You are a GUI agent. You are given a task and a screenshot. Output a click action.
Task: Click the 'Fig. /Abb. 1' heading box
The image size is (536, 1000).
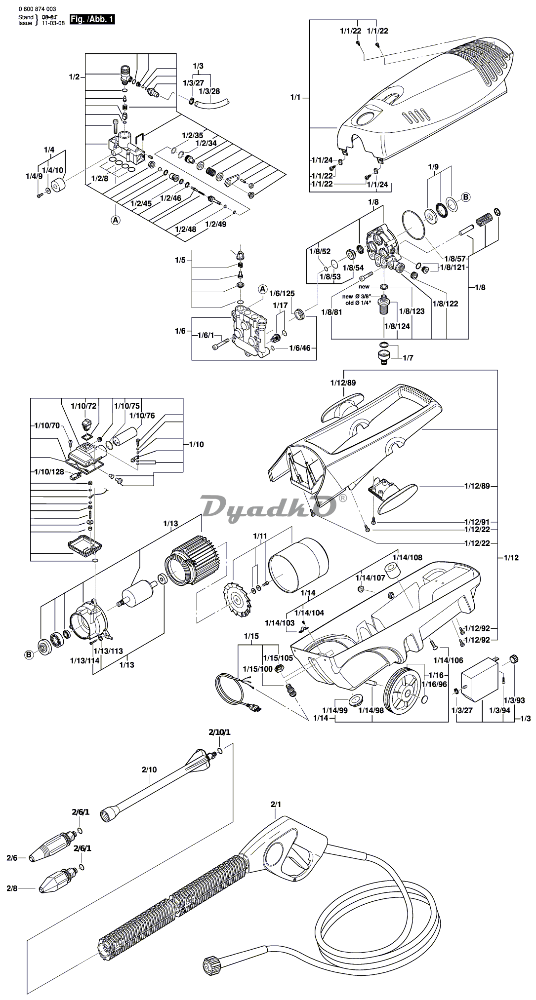pyautogui.click(x=92, y=20)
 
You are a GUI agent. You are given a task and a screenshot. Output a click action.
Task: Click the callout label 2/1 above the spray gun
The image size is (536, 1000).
pyautogui.click(x=276, y=804)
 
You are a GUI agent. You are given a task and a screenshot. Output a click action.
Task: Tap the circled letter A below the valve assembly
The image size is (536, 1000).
pyautogui.click(x=115, y=220)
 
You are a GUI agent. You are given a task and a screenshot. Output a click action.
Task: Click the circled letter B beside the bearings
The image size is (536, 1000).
pyautogui.click(x=28, y=655)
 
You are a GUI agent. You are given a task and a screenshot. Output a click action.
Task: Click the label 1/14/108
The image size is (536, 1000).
pyautogui.click(x=408, y=557)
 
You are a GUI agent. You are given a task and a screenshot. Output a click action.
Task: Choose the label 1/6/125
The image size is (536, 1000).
pyautogui.click(x=282, y=293)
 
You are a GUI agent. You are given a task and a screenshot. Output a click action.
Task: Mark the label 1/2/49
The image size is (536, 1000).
pyautogui.click(x=216, y=224)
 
